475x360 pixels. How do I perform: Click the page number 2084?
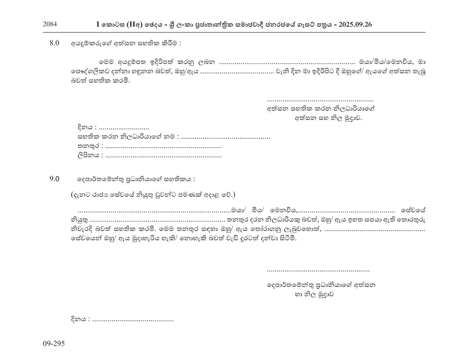[x=50, y=24]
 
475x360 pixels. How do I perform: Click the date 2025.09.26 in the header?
[x=355, y=25]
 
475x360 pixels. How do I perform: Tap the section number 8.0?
[x=54, y=43]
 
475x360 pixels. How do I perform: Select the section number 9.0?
[x=54, y=179]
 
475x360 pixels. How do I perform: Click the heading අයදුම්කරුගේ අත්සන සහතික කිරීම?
[x=126, y=43]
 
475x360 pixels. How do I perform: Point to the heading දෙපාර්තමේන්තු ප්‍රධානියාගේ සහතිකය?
[x=136, y=179]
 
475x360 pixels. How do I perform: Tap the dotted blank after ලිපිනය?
[x=163, y=156]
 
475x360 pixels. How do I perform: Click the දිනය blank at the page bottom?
[x=133, y=320]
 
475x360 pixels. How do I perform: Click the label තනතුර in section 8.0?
[x=88, y=146]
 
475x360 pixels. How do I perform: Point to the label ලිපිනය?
[x=89, y=155]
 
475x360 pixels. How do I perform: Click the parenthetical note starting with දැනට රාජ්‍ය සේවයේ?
[x=153, y=195]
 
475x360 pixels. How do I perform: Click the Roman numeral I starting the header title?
[x=98, y=25]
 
